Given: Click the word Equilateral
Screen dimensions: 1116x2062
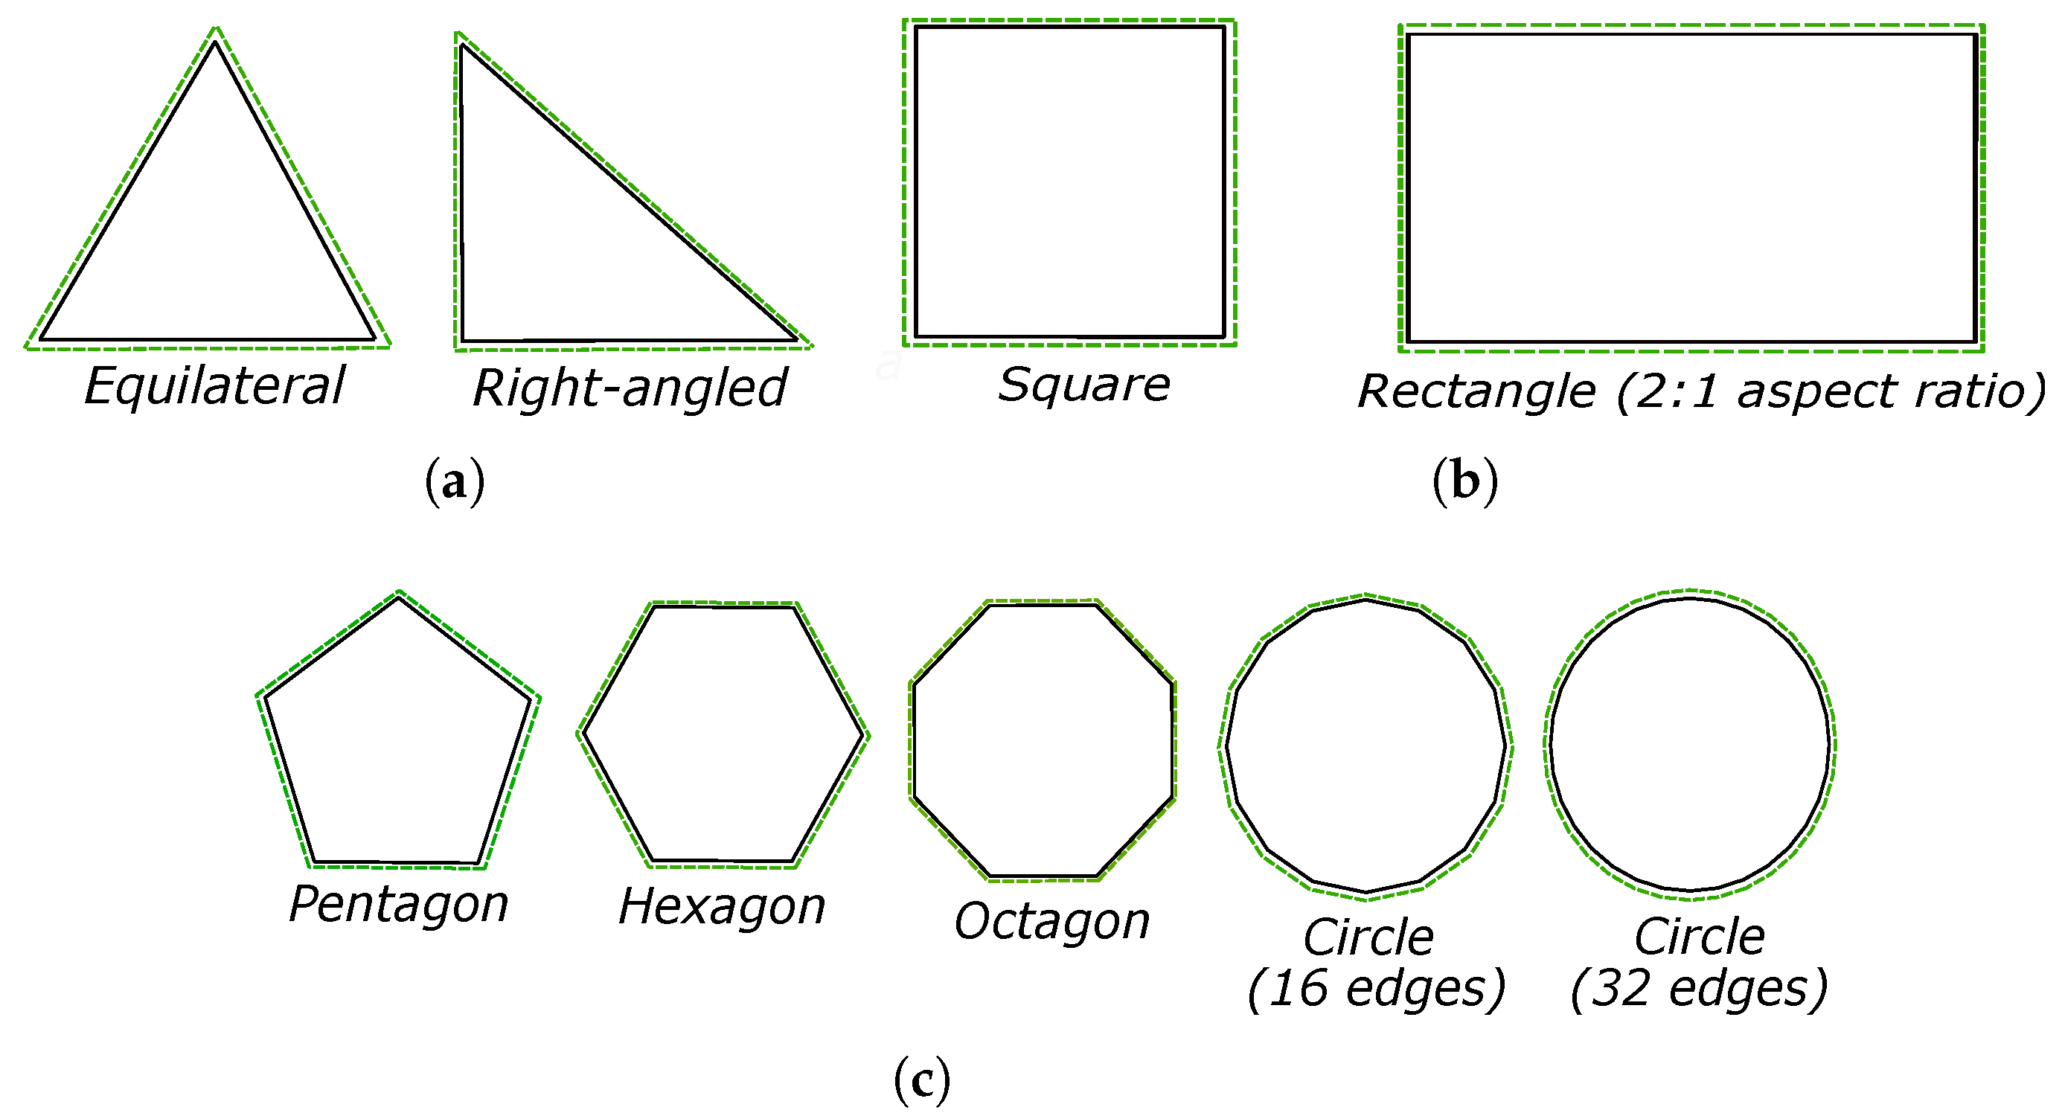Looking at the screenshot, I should click(214, 387).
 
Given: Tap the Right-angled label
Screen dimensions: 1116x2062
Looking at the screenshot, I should click(629, 389).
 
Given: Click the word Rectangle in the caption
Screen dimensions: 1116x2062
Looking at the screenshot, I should click(1476, 391).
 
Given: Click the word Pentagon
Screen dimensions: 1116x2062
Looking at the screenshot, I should click(398, 905).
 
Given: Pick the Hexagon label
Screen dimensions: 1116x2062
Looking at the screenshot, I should click(721, 908).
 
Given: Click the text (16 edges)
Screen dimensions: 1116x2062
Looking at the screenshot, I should click(1376, 990).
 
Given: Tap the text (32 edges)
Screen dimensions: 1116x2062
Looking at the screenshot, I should click(1699, 990).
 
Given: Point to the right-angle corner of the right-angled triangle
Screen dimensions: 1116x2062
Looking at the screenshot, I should click(463, 340).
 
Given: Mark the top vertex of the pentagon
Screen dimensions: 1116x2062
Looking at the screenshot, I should click(399, 597).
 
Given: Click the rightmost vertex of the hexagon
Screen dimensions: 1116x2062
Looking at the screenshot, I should click(865, 735).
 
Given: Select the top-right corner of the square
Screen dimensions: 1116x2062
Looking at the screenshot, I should click(1224, 28).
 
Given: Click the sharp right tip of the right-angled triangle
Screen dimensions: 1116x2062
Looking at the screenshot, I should click(797, 340).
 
